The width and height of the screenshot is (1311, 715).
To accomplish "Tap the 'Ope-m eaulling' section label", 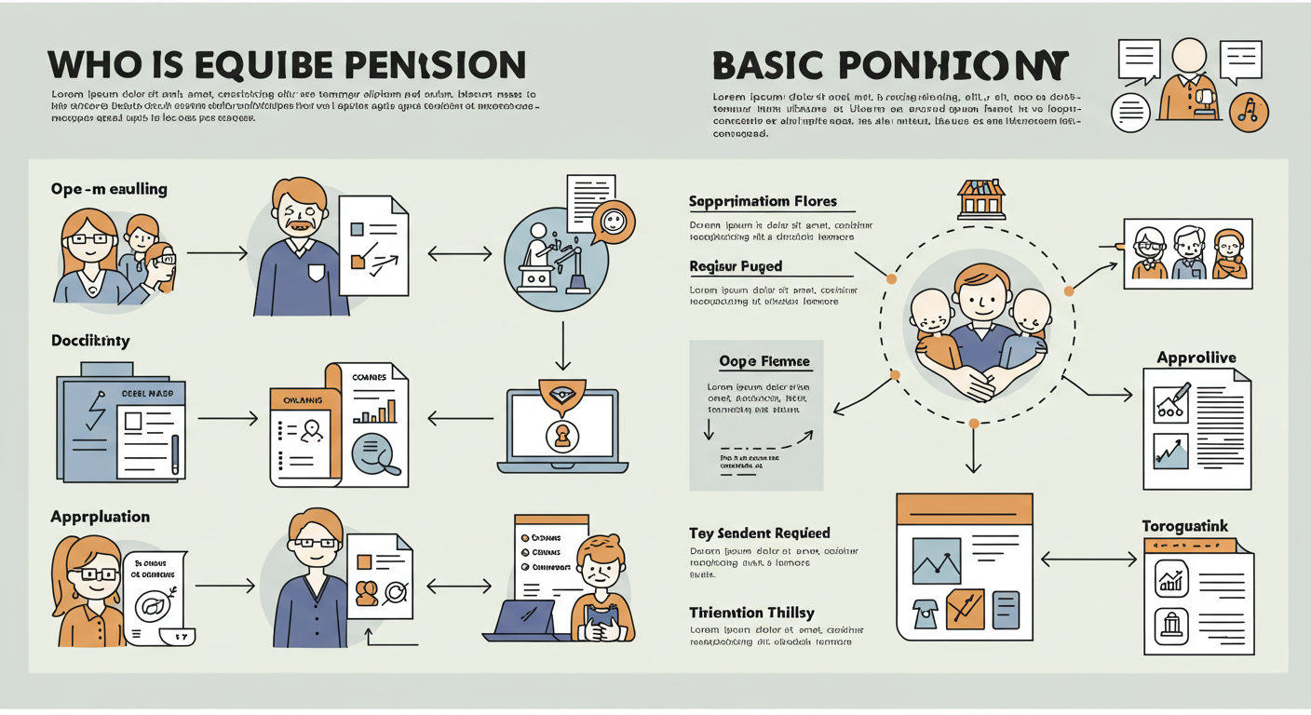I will coord(109,189).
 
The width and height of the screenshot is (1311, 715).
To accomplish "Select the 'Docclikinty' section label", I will coord(90,341).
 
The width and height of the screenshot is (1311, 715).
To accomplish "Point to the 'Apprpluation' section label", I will coord(100,517).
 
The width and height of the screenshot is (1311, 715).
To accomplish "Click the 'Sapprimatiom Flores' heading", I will coord(763,201).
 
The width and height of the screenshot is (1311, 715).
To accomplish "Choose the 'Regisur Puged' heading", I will coord(736,266).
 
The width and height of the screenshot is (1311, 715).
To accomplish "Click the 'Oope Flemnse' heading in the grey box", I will coord(764,361).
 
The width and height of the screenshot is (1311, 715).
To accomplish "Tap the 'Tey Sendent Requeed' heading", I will coord(759,533).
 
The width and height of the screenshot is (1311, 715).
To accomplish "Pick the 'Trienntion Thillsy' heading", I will coord(751,613).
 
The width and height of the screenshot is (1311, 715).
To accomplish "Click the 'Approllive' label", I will coord(1196,357).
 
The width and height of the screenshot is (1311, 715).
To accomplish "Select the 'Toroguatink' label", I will coord(1185,527).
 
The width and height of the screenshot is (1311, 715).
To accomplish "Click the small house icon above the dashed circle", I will coord(981,198).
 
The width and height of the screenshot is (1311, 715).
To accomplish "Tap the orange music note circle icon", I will coord(1249,112).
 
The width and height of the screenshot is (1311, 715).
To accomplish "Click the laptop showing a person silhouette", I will coord(561,428).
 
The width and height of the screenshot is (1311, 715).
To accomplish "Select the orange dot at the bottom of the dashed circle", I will coord(973,423).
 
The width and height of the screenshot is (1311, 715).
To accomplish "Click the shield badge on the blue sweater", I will coord(317,272).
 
